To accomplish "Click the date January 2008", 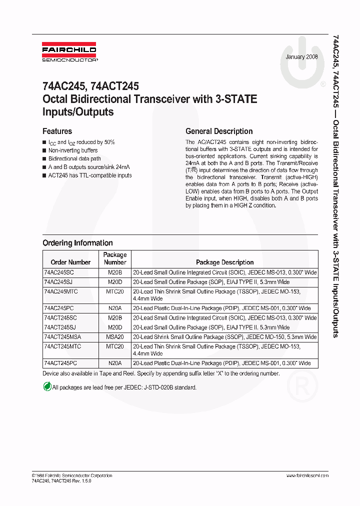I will tap(302, 57).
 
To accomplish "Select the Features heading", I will tap(57, 131).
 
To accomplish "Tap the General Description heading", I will tap(219, 131).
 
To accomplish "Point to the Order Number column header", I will tap(70, 262).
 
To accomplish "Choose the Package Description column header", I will tap(224, 262).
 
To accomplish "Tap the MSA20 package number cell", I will tap(115, 337).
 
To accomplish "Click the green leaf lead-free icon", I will tap(47, 386).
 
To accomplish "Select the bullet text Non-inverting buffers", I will tap(73, 150).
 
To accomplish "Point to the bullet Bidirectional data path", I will tap(74, 158).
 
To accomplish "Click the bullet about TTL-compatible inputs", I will tap(90, 175).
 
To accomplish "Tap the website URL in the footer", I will tap(306, 475).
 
